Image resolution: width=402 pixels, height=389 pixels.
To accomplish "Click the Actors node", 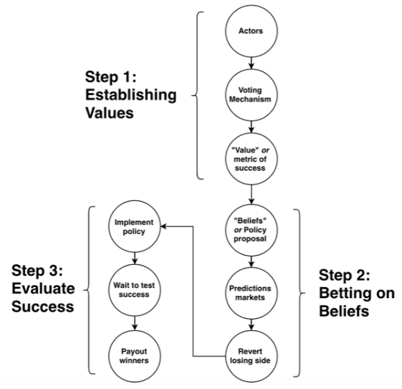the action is coord(251,31).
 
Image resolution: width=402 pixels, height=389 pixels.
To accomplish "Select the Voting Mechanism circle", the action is coord(251,94).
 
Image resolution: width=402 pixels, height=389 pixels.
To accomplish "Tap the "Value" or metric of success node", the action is coord(251,159).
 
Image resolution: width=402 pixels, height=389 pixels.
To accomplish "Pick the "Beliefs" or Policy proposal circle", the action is coord(251,230).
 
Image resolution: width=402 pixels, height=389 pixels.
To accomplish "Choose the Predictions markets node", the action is coord(251,293).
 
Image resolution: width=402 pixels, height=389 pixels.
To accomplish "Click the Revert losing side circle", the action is coord(251,356).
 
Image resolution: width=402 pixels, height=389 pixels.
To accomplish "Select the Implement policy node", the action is coord(134,227).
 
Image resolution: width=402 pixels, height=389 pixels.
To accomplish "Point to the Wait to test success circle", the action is coord(134,290).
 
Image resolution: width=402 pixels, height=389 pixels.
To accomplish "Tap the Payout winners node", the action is coord(134,356).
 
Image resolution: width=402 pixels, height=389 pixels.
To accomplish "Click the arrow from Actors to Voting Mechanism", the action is coord(251,63).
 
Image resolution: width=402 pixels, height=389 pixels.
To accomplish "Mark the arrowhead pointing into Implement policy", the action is coord(164,227).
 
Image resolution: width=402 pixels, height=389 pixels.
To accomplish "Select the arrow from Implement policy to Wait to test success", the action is coord(134,259).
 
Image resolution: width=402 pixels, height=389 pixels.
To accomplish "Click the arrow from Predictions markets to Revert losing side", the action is coord(251,325).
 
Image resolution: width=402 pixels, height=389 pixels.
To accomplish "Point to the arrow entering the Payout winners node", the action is coord(134,323).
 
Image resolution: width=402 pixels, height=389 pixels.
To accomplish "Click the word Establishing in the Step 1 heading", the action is coord(131,96).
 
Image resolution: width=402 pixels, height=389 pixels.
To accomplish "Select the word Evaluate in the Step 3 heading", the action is coord(44,288).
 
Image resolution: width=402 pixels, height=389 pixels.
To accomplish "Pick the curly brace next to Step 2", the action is coord(299,293).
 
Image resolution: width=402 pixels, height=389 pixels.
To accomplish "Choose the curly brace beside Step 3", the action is coord(89,290).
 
